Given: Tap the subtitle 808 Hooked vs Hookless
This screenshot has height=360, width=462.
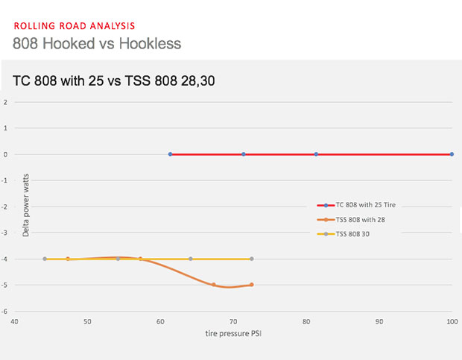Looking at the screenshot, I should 97,43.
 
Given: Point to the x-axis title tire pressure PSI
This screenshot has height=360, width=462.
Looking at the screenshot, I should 233,334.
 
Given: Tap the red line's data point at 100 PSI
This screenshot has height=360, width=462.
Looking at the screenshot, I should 452,154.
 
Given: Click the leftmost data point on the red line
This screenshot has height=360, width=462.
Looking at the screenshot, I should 170,154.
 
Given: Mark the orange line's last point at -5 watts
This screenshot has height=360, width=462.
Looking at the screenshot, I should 252,285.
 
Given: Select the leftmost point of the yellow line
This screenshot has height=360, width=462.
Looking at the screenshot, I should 45,259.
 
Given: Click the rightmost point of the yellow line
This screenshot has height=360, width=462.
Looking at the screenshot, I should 252,259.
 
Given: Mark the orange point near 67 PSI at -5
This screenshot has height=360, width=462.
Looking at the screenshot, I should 214,285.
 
